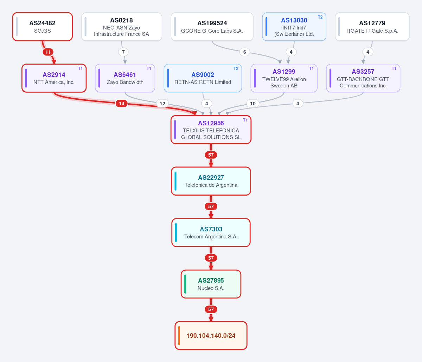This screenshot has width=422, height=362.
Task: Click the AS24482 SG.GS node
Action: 43,27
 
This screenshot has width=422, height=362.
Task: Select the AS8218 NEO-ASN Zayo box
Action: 122,27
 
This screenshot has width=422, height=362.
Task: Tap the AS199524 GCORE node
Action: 212,27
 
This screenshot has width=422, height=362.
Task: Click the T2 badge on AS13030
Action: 320,17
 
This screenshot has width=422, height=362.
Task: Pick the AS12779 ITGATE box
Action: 372,27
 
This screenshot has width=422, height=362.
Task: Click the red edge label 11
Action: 48,52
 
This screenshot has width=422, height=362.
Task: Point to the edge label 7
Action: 123,52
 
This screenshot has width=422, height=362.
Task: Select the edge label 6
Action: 245,52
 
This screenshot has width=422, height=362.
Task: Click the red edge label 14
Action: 121,104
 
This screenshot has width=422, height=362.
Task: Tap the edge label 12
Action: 162,104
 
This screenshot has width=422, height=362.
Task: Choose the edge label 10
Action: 253,104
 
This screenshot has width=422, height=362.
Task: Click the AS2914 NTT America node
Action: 54,78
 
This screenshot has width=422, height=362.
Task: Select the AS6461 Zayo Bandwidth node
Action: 125,78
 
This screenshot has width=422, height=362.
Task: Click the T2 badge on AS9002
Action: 236,68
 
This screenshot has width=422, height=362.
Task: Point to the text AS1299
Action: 284,72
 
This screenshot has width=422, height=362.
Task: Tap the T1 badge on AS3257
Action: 394,68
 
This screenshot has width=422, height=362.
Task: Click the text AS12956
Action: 211,123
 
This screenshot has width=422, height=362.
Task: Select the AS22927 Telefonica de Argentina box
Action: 211,181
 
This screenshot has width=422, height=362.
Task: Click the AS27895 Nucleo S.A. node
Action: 211,284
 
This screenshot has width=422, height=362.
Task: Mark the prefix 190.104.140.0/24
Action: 211,336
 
